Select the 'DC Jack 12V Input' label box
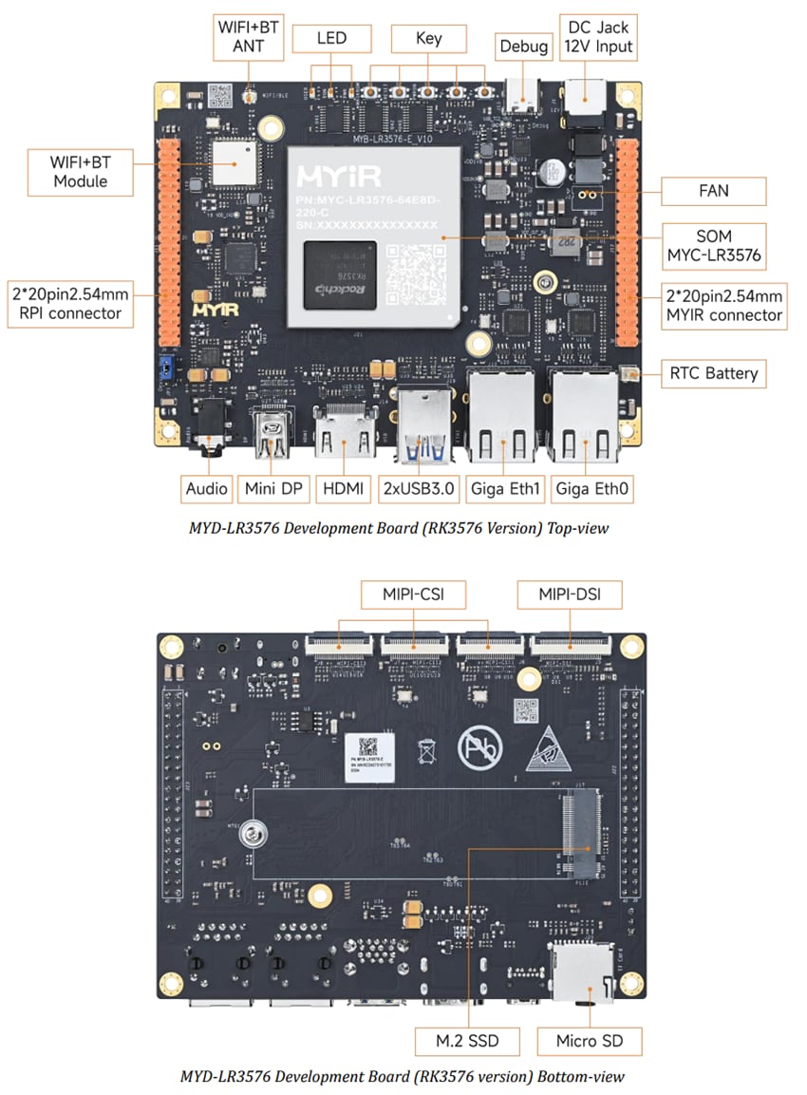coord(597,38)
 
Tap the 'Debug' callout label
coord(523,47)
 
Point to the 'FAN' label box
coord(713,190)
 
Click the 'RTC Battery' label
coord(713,372)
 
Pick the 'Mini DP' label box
coord(272,488)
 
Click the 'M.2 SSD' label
coord(467,1041)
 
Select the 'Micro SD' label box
coord(590,1041)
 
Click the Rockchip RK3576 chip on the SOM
coord(340,275)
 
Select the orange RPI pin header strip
coord(168,242)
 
